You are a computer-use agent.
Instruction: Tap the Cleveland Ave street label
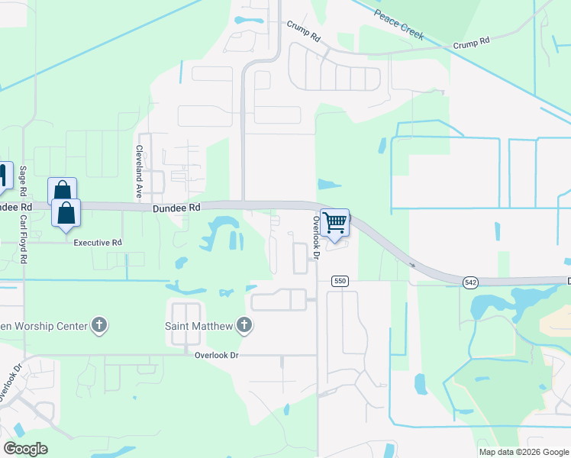[140, 172]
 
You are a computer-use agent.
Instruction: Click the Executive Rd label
[98, 243]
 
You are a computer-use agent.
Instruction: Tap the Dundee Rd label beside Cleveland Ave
[176, 207]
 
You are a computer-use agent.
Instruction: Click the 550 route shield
[340, 282]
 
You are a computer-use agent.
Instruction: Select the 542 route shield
[470, 282]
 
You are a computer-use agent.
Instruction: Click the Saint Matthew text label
[199, 327]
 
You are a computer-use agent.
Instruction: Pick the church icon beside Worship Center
[98, 326]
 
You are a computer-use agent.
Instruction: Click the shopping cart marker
[334, 223]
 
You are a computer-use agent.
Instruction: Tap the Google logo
[25, 448]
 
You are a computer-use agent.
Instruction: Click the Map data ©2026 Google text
[523, 452]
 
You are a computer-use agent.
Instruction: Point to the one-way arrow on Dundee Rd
[412, 265]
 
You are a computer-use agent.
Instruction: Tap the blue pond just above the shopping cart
[328, 184]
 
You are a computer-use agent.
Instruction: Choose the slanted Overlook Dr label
[6, 389]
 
